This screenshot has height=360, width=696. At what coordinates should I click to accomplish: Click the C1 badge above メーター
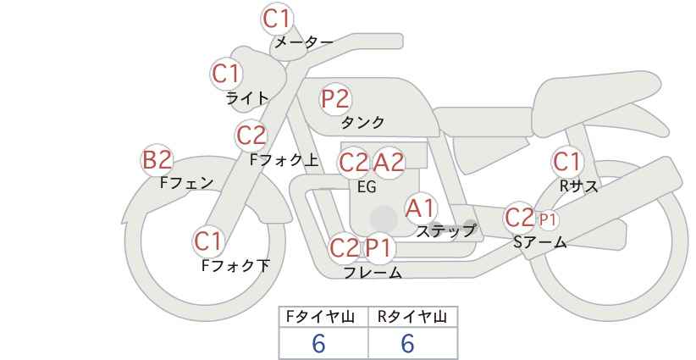(x=276, y=19)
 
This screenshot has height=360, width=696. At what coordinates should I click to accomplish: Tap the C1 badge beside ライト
(x=226, y=75)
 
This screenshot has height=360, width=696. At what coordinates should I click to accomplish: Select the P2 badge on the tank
(x=335, y=99)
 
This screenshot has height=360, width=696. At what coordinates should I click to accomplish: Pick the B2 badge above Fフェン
(x=157, y=160)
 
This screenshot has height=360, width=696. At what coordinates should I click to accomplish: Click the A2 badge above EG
(x=389, y=163)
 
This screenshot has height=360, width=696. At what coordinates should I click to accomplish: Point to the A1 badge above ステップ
(x=420, y=208)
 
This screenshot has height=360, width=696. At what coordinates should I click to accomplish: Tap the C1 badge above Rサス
(x=566, y=162)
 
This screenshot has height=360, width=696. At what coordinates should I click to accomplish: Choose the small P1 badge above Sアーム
(x=547, y=219)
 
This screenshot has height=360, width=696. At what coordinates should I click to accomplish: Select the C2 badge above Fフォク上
(x=251, y=136)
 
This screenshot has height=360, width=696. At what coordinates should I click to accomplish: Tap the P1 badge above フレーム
(x=379, y=247)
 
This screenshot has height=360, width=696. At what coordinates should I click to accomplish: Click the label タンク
(x=362, y=122)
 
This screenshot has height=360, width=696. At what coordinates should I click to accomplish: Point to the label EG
(x=367, y=187)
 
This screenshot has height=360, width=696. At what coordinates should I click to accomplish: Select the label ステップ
(x=445, y=231)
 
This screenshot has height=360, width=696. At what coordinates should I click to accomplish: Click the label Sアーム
(x=539, y=242)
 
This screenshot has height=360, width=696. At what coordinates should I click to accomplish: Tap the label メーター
(x=304, y=42)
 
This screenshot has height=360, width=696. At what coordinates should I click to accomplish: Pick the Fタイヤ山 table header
(x=320, y=317)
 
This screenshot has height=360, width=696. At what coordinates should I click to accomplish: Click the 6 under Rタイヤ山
(x=407, y=343)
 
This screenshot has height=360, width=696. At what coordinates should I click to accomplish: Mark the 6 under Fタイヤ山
(x=318, y=343)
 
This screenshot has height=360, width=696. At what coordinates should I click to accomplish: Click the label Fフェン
(x=186, y=183)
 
